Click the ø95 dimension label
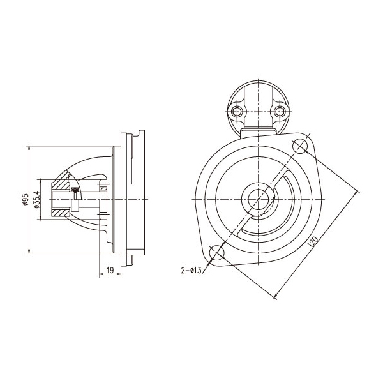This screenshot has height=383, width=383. pyautogui.click(x=25, y=200)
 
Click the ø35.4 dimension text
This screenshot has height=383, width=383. pyautogui.click(x=36, y=199)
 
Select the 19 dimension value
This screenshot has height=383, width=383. pyautogui.click(x=110, y=271)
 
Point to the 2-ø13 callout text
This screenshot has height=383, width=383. pyautogui.click(x=191, y=271)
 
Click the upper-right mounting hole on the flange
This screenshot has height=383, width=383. pyautogui.click(x=300, y=146)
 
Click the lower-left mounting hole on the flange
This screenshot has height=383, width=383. pyautogui.click(x=216, y=252)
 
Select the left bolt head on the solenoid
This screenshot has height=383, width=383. pyautogui.click(x=236, y=112)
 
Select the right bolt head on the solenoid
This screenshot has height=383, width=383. pyautogui.click(x=280, y=112)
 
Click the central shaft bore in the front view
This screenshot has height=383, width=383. pyautogui.click(x=259, y=200)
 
